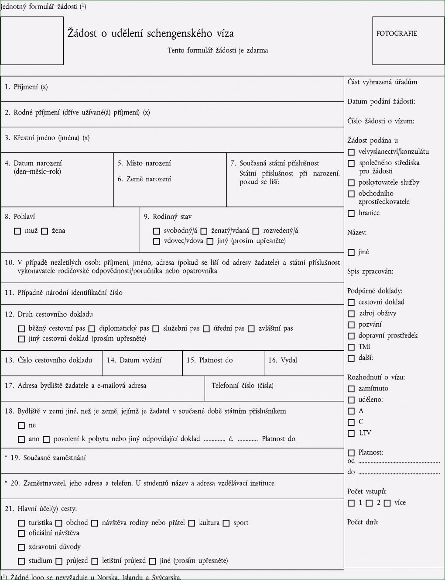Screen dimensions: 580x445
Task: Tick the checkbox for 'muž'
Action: click(x=17, y=231)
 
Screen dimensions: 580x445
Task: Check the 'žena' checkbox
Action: click(x=44, y=231)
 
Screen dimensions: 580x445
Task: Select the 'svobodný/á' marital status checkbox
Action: click(x=157, y=231)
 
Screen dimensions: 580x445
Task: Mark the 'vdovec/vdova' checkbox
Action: click(x=157, y=241)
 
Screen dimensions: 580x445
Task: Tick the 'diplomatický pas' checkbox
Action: click(x=92, y=328)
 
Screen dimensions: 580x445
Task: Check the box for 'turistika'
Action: click(x=21, y=523)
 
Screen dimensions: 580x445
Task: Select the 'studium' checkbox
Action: click(x=21, y=561)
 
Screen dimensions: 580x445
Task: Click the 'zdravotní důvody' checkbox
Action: click(x=21, y=547)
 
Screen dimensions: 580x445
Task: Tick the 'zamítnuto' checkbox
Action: click(x=351, y=389)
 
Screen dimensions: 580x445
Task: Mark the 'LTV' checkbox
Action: click(x=351, y=433)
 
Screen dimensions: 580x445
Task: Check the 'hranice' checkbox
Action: click(x=351, y=213)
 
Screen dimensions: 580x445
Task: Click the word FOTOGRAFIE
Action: click(x=397, y=34)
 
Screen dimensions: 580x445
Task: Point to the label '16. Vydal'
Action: click(x=282, y=360)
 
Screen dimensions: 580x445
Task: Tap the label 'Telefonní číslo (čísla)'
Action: click(x=243, y=386)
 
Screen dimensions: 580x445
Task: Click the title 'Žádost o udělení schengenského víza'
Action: click(x=151, y=33)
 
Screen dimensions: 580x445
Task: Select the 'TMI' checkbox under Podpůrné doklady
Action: click(x=351, y=347)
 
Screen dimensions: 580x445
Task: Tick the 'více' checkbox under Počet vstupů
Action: click(x=387, y=503)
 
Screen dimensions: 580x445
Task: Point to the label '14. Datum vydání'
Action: click(x=134, y=360)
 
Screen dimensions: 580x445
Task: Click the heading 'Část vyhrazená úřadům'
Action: click(x=382, y=82)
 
